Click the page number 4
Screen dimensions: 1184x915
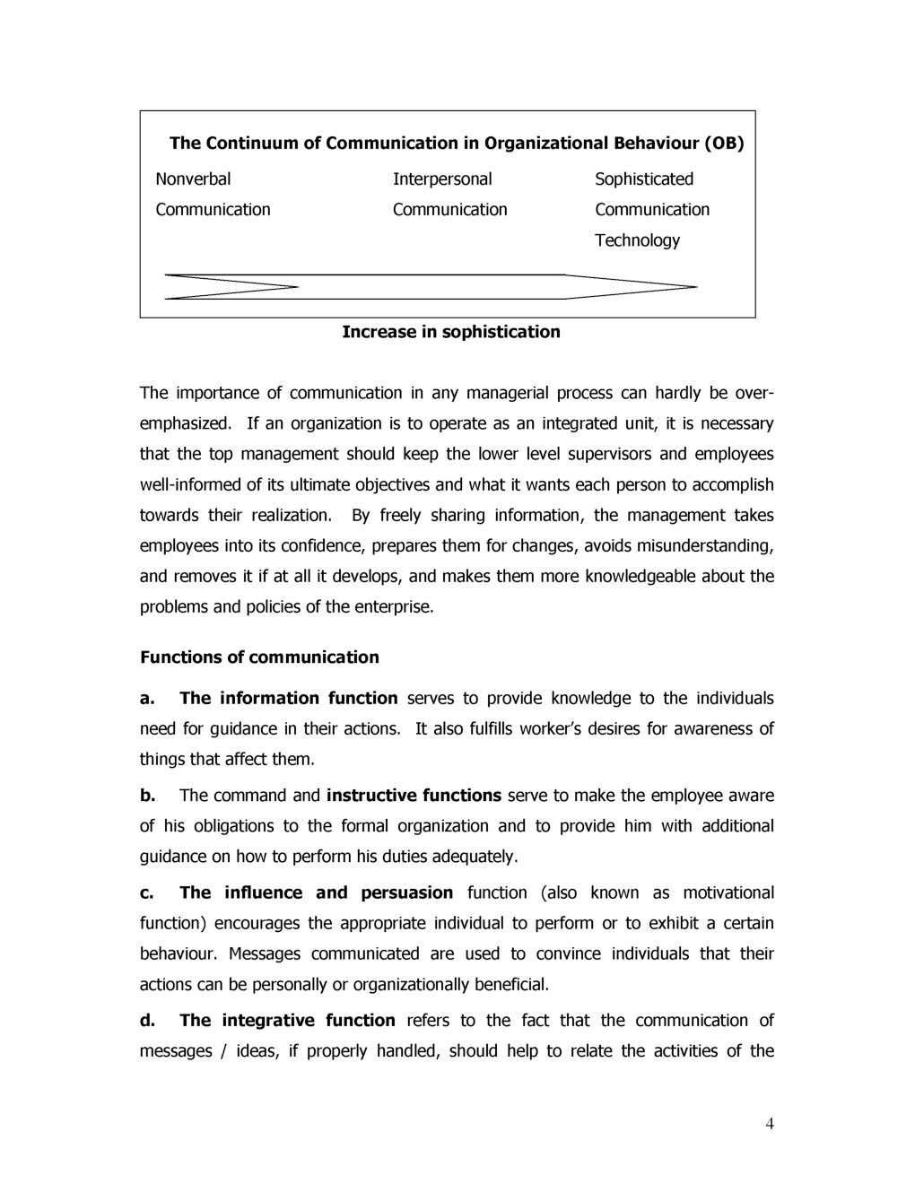770,1125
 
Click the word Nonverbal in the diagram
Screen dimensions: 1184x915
193,179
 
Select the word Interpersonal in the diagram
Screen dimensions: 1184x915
442,179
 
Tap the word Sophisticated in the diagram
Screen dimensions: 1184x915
644,179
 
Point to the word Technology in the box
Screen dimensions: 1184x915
637,240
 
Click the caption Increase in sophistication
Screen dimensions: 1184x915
451,332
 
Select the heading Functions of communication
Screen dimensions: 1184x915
259,657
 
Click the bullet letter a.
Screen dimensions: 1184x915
148,699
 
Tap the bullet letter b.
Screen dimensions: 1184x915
148,796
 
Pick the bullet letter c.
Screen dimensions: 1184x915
147,893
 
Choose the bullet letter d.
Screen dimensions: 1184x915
148,1021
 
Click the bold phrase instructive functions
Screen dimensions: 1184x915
414,796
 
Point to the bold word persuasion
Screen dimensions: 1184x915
407,893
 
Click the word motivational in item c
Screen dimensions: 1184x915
728,893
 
